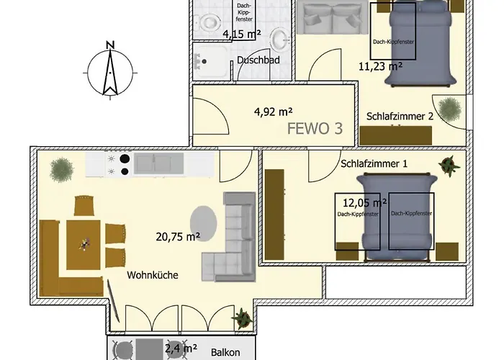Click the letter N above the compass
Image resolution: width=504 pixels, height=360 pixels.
[x=111, y=45]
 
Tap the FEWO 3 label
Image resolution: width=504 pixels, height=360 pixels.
[x=315, y=129]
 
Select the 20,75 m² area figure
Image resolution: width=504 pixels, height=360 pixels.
[x=178, y=237]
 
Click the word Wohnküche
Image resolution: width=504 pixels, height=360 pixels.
[x=153, y=275]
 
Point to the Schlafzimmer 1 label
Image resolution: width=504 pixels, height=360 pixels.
[x=374, y=163]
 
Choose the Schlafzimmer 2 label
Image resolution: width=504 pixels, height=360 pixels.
[x=400, y=117]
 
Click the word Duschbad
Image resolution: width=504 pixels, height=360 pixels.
[x=258, y=60]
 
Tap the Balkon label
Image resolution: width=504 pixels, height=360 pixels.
[x=225, y=352]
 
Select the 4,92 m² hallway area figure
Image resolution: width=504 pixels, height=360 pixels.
[x=273, y=112]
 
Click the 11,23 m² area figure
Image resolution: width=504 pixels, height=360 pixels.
[x=380, y=66]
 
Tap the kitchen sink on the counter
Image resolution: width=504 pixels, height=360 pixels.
[x=159, y=163]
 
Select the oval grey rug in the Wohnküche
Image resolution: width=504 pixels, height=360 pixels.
[x=203, y=223]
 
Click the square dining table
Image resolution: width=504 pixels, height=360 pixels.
[x=84, y=245]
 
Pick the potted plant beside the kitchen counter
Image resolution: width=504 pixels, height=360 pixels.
[x=62, y=170]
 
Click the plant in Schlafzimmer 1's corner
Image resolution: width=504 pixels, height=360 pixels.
[x=449, y=166]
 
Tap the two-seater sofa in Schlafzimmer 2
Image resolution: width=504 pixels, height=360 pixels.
[x=333, y=17]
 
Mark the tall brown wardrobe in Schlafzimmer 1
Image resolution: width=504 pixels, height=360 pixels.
[x=274, y=215]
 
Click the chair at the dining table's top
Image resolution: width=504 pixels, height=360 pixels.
[x=84, y=206]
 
